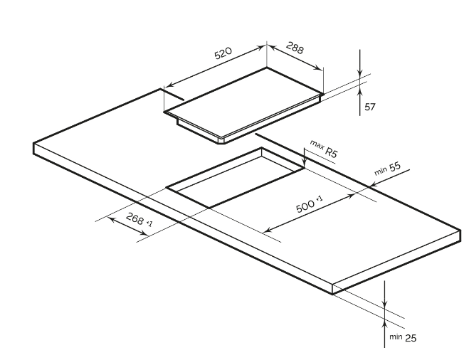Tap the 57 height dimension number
pos(369,107)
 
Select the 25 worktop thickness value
pos(411,337)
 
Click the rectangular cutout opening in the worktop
pos(235,181)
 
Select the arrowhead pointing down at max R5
pos(305,165)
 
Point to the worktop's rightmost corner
pos(460,229)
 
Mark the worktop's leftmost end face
pos(36,148)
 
